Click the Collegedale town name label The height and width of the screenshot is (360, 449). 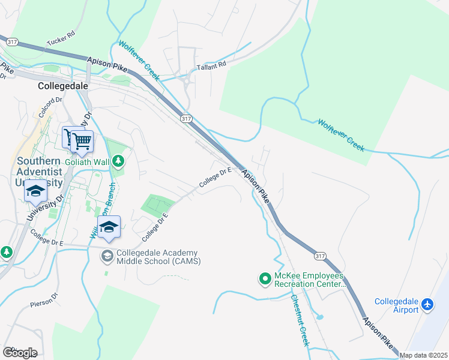[62, 86]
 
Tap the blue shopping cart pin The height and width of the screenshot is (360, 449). [82, 142]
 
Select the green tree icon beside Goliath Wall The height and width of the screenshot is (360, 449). [119, 161]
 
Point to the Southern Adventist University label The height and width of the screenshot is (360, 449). [40, 172]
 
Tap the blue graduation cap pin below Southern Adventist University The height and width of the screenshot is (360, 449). [36, 192]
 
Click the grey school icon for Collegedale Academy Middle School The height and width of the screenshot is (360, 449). [107, 256]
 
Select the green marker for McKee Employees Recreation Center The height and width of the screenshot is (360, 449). [264, 278]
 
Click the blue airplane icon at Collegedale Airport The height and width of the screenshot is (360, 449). [428, 305]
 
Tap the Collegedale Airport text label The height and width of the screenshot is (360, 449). [397, 305]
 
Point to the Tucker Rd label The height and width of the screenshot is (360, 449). [61, 38]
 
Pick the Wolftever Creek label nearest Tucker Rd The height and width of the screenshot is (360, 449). [138, 61]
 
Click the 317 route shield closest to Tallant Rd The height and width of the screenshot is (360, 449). [185, 119]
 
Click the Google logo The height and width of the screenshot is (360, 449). [20, 352]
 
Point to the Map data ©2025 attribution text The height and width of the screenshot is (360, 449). [423, 355]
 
